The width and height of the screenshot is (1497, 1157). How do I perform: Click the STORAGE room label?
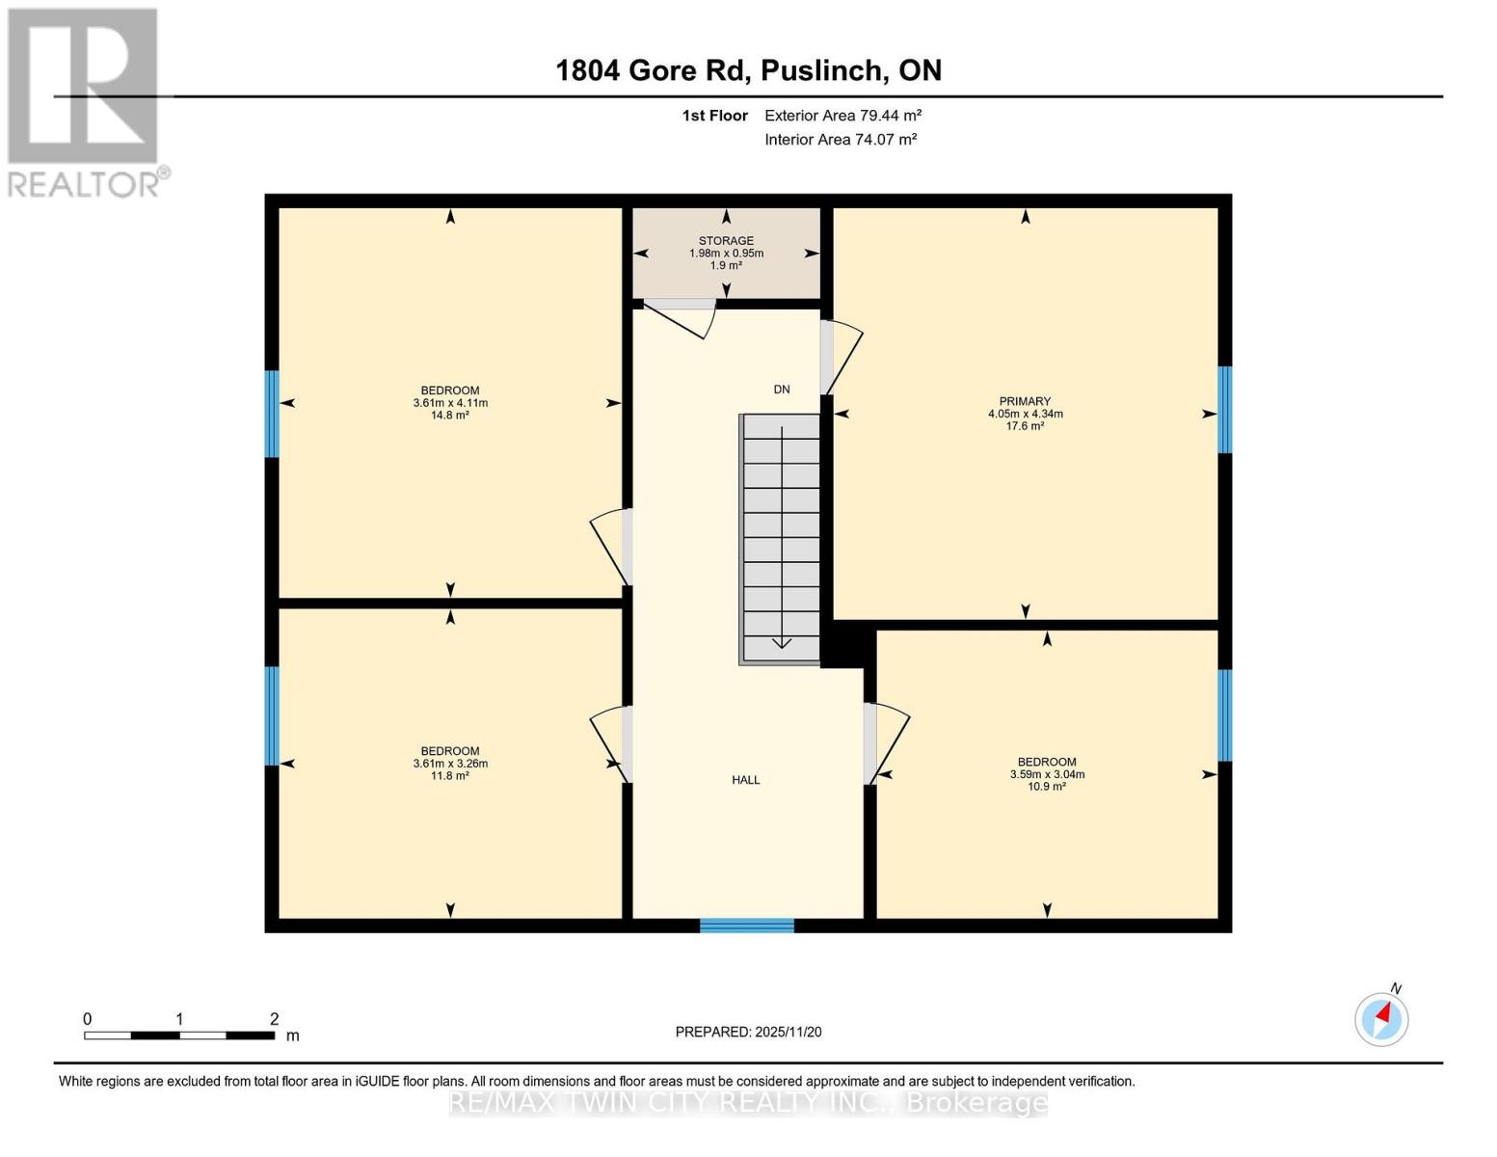726,241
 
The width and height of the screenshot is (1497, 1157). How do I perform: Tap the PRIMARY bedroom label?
1025,401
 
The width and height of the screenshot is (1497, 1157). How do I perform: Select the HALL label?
745,780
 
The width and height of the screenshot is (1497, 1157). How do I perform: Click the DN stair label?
782,390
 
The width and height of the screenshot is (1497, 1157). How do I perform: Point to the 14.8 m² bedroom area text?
450,416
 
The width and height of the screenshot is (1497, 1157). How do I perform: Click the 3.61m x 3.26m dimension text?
450,764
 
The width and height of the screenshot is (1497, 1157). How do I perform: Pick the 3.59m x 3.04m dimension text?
1047,774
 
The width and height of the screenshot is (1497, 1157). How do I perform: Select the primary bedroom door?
841,357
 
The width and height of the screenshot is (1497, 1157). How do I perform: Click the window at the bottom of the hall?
747,926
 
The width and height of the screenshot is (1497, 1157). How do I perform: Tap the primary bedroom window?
1224,409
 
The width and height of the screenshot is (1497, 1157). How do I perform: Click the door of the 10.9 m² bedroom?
886,742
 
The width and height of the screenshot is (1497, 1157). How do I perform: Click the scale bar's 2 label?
274,1019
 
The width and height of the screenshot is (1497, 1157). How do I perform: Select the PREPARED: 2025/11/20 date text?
748,1032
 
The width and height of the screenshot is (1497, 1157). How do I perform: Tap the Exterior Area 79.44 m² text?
842,116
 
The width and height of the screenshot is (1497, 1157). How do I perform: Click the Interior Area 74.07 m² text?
841,139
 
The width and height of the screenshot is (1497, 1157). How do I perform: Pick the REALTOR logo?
85,101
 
